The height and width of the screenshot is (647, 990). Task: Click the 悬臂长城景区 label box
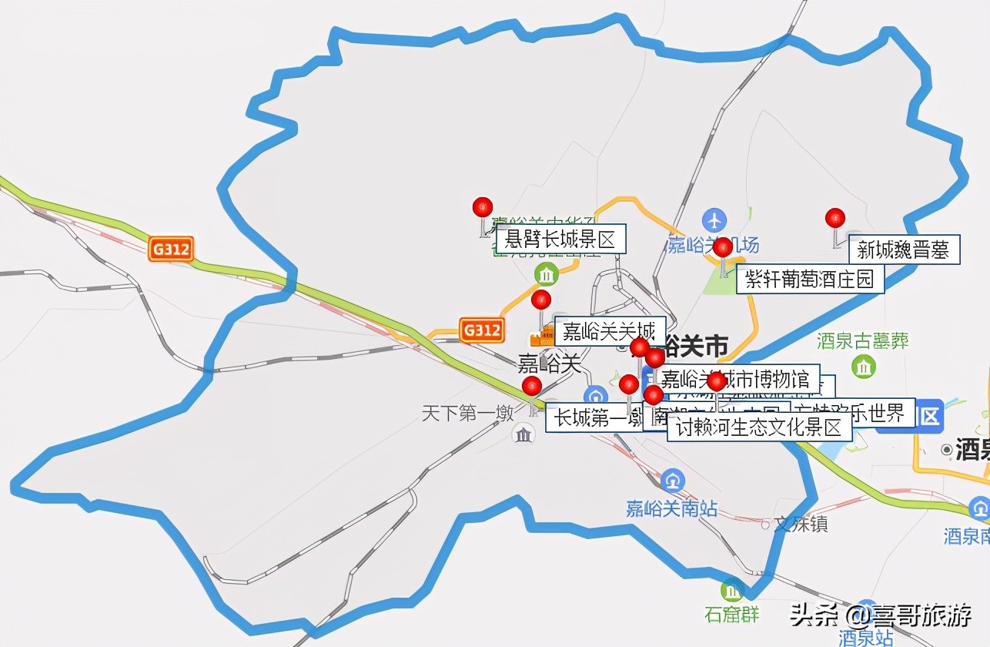[560, 239]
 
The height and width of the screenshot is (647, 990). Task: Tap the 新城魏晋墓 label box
[903, 249]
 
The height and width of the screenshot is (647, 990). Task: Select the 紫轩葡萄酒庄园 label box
[810, 279]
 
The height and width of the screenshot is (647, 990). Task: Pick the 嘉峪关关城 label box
[609, 331]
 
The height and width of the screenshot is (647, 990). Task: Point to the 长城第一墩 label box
[594, 418]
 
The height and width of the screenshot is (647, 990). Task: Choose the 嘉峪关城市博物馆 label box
[737, 378]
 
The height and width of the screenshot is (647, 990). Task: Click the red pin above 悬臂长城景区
[483, 207]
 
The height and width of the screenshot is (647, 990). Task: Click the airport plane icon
[715, 220]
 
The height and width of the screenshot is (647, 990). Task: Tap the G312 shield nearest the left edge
[170, 249]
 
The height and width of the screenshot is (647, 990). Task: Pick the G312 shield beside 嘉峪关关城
[482, 330]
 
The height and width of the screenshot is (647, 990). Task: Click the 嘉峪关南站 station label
[672, 508]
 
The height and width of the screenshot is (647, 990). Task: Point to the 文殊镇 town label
[801, 525]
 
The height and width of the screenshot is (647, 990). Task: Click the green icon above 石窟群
[731, 592]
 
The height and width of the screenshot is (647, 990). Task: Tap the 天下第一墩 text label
[467, 414]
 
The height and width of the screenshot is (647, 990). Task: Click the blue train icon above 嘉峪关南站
[673, 481]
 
